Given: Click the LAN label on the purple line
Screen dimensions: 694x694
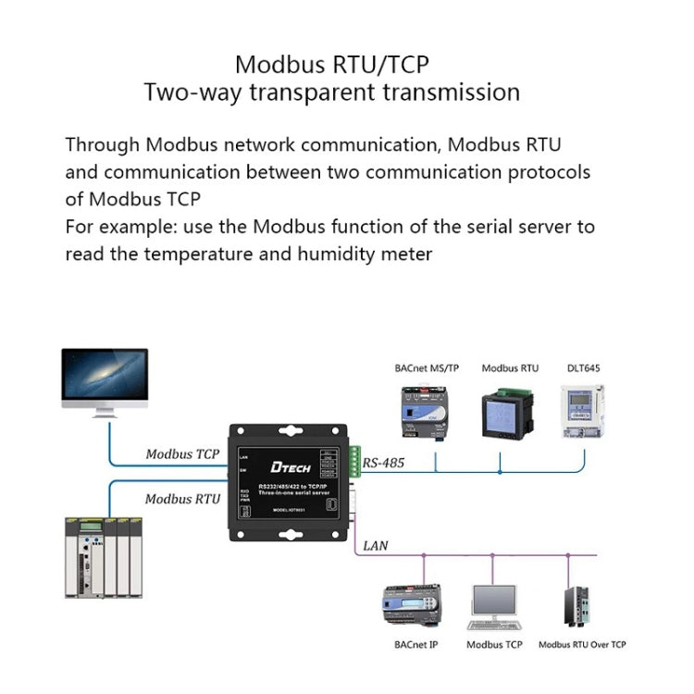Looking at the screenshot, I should click(376, 546).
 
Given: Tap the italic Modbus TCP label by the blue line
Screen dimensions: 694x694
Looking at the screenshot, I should click(182, 454).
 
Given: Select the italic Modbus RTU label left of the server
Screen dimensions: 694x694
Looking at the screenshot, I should click(182, 499).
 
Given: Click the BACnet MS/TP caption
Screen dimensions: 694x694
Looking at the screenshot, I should click(426, 368).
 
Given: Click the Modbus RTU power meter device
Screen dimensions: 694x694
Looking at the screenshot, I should click(508, 414).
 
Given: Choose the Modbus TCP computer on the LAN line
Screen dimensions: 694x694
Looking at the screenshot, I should click(494, 606).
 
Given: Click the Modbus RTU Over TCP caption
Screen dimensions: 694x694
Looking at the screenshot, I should click(582, 645).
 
